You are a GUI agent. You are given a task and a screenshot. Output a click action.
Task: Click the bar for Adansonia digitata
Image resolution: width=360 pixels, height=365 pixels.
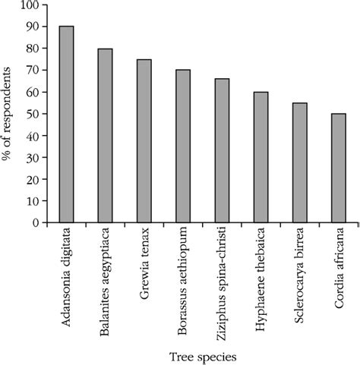(67, 124)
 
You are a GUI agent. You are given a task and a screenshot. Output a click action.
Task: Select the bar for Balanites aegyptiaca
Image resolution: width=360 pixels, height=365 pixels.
(105, 136)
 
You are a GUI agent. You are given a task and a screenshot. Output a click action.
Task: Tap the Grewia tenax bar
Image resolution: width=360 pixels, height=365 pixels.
(144, 141)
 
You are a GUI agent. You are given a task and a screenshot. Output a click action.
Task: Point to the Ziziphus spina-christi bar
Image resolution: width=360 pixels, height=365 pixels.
(222, 151)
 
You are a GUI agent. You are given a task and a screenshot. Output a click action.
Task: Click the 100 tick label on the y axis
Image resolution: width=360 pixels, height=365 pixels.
(30, 5)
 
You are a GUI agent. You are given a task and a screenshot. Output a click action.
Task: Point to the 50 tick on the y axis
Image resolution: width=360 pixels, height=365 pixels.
(33, 114)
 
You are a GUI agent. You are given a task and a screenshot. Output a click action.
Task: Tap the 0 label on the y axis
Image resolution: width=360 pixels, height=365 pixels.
(36, 223)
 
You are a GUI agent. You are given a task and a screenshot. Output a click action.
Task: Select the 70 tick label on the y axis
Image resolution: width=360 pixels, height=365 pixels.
(33, 71)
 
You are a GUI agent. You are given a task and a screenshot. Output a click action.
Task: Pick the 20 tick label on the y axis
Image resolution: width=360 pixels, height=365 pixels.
(33, 180)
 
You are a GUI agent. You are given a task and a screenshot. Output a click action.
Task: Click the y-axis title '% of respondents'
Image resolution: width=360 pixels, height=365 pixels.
(9, 114)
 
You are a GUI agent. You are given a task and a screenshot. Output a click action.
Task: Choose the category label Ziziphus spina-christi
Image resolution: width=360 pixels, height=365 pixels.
(222, 281)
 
